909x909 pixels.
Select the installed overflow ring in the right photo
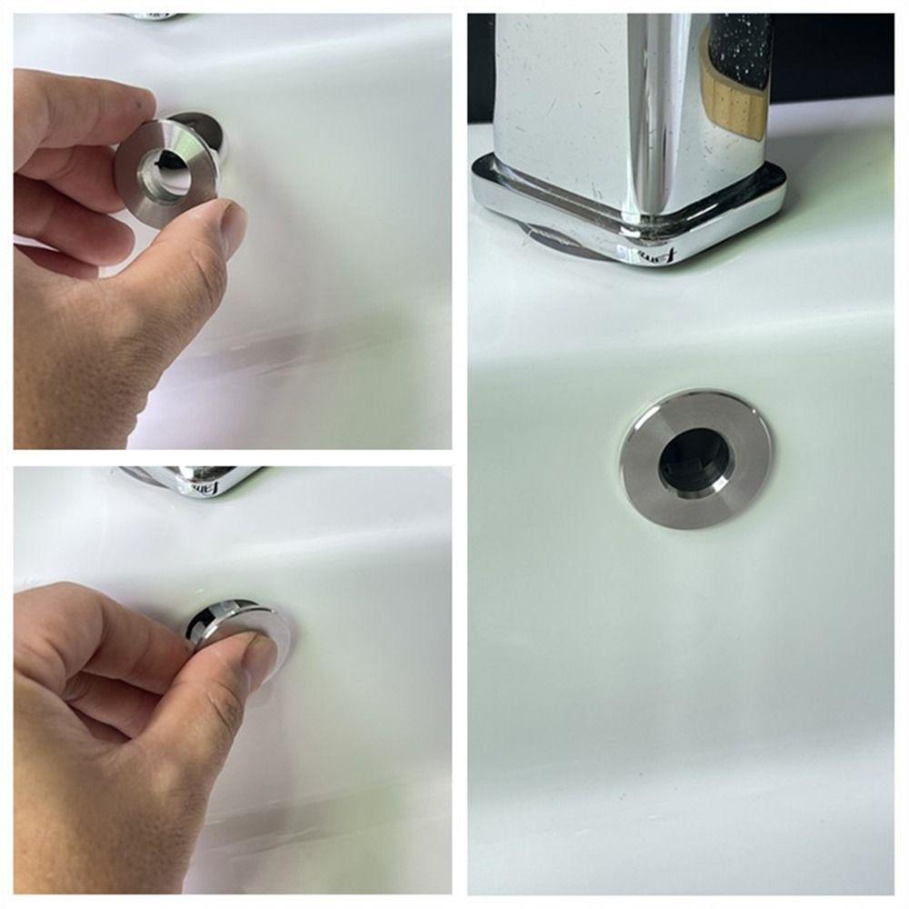click(x=695, y=464)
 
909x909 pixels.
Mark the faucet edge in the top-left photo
click(x=150, y=16)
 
